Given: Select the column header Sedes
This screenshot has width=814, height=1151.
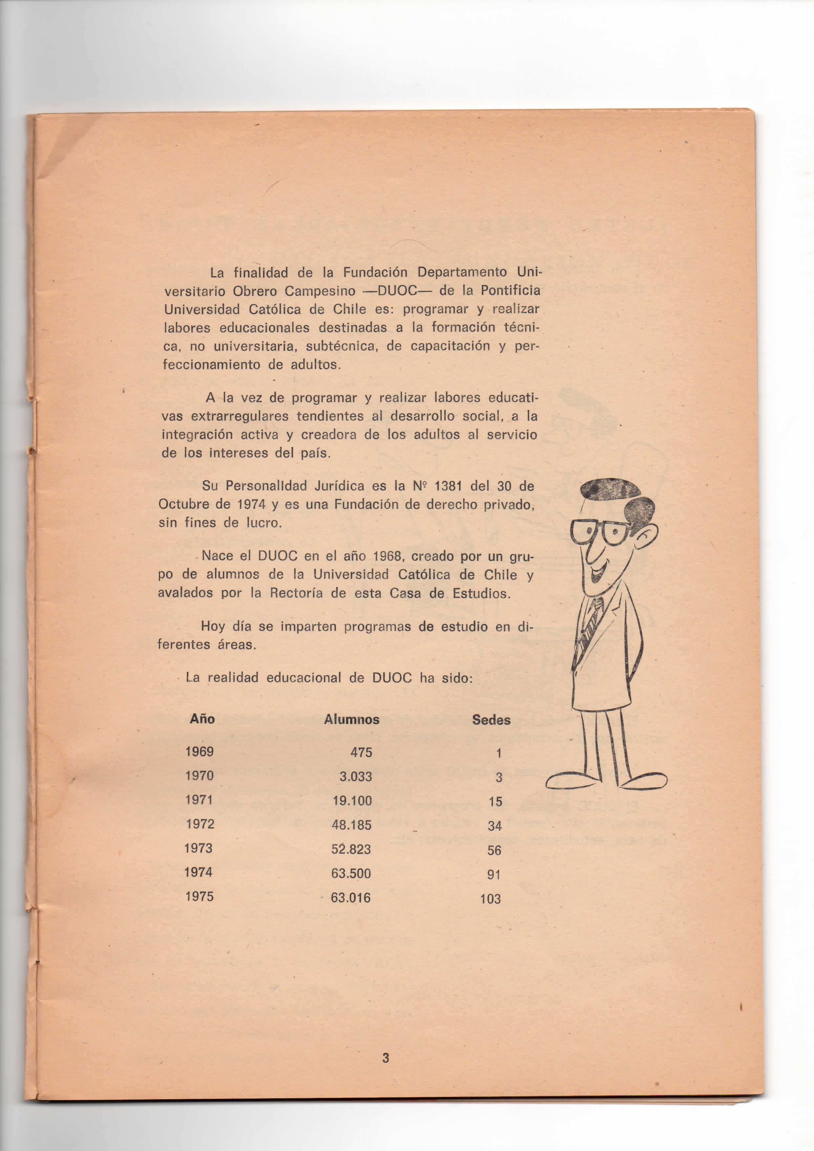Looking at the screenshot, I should click(491, 720).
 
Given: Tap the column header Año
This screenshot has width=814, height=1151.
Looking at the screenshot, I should click(202, 719).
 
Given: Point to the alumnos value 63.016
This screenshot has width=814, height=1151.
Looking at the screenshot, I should click(351, 897).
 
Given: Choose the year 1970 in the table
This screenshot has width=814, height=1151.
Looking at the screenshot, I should click(199, 775).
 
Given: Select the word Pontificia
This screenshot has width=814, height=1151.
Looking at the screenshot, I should click(510, 290).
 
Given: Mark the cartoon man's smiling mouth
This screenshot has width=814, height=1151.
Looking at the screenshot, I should click(597, 571).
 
